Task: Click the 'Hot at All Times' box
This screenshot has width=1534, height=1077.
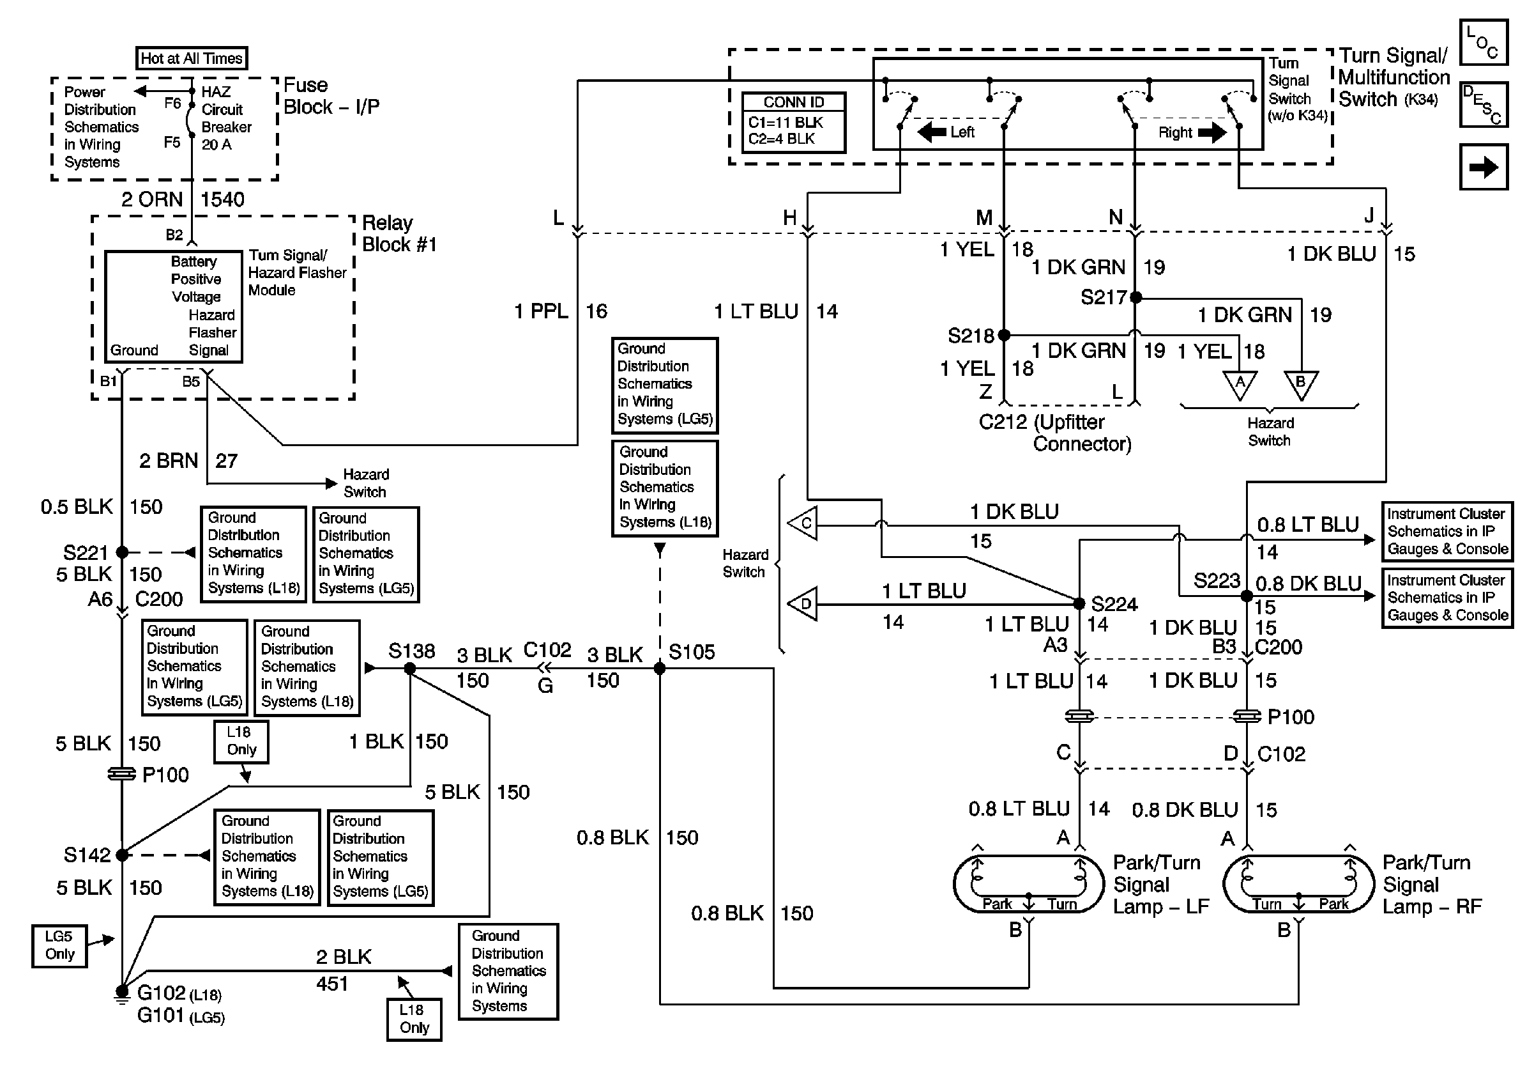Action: click(191, 58)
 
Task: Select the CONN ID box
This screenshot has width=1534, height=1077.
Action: click(794, 122)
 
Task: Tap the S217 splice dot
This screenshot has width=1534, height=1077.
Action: click(1135, 297)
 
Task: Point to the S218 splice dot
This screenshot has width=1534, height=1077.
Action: click(1003, 335)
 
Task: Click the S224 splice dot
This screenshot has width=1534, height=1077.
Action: click(1079, 603)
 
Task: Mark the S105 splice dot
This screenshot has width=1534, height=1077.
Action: click(660, 669)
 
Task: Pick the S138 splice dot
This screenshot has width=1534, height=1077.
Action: click(410, 669)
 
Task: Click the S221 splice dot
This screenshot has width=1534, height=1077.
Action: click(122, 552)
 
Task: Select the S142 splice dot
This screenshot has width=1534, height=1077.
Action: click(122, 855)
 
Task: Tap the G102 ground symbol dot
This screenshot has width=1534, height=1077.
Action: click(122, 991)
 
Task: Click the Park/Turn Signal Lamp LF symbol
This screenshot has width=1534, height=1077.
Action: click(1028, 884)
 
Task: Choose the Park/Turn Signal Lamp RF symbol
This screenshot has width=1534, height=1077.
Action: click(1298, 884)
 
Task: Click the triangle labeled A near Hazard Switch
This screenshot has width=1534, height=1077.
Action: click(1240, 384)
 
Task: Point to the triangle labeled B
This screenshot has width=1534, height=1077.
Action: click(1301, 384)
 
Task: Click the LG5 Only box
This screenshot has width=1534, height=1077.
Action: click(59, 945)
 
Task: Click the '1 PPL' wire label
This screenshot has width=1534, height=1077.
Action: click(541, 311)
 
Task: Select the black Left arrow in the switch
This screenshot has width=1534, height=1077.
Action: click(932, 132)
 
